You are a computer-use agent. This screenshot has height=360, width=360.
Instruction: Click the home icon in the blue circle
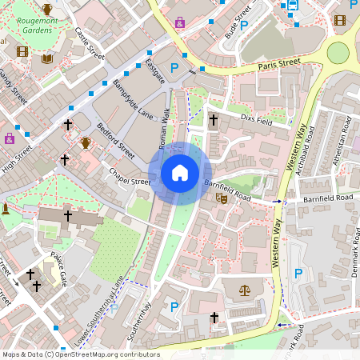(180, 173)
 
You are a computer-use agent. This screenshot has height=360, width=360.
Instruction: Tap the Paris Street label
(278, 62)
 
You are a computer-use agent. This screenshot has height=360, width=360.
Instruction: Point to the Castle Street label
(90, 44)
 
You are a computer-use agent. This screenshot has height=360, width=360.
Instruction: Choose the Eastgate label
(155, 70)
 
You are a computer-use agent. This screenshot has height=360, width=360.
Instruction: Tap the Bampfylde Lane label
(133, 99)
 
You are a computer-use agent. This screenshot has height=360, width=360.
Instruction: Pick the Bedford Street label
(116, 137)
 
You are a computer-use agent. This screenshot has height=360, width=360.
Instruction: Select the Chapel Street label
(130, 182)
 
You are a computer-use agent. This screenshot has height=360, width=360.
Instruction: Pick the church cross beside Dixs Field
(213, 120)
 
